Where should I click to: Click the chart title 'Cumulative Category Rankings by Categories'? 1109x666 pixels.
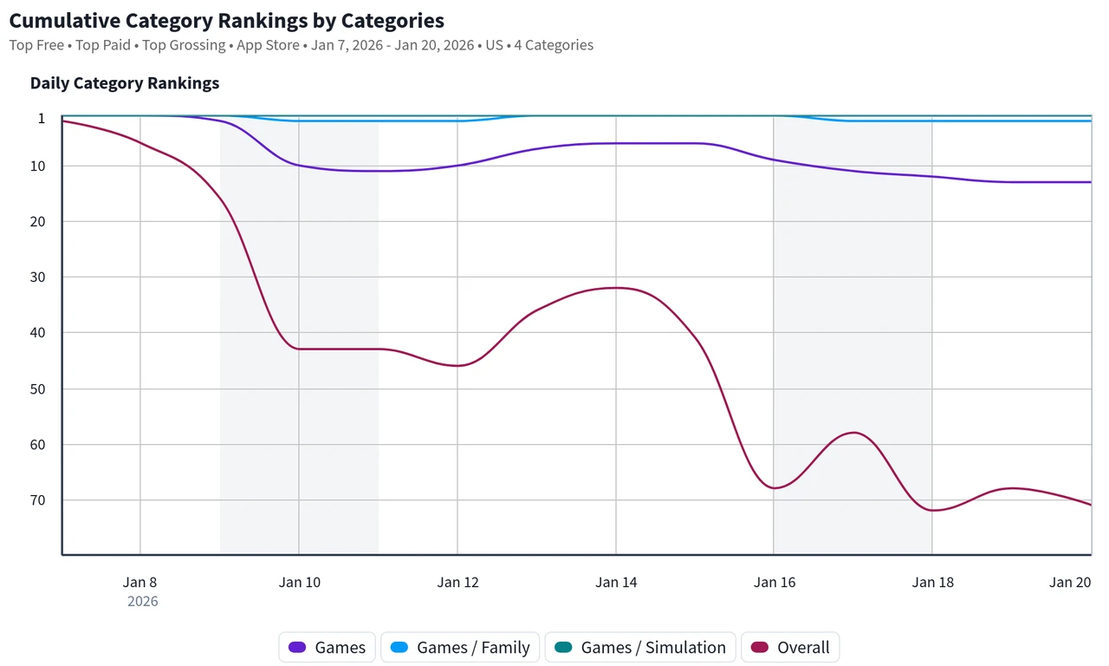click(x=227, y=20)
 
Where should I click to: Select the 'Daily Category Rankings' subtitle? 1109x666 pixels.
click(x=125, y=83)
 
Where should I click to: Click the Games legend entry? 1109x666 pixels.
click(x=327, y=647)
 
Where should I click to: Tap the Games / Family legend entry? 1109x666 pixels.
click(x=459, y=647)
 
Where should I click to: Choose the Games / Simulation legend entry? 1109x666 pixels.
click(x=639, y=647)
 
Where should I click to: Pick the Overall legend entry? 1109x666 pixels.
click(x=790, y=647)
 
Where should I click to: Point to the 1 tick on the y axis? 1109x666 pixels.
click(x=41, y=118)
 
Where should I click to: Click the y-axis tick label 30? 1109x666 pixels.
click(x=36, y=277)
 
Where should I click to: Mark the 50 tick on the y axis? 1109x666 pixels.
click(x=36, y=388)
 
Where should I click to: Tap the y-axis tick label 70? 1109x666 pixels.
click(x=36, y=500)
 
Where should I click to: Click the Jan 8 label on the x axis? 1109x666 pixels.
click(x=140, y=582)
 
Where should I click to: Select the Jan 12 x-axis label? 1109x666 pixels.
click(x=457, y=582)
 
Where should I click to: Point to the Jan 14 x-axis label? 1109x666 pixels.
click(x=616, y=582)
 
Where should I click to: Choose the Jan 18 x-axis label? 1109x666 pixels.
click(x=933, y=582)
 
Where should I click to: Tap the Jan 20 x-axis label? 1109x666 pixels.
click(x=1071, y=582)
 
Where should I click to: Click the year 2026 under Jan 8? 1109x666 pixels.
click(x=143, y=601)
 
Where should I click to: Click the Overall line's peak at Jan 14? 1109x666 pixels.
click(x=616, y=288)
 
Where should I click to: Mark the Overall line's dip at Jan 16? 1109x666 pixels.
click(x=775, y=488)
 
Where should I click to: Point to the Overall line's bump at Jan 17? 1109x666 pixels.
click(x=854, y=433)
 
